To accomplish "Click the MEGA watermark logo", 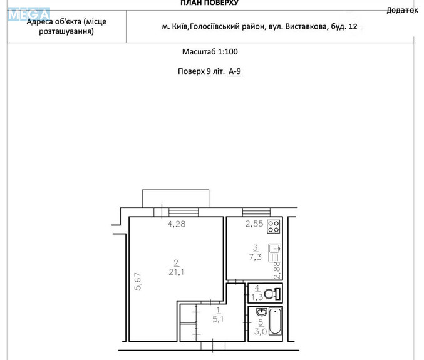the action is click(x=29, y=14).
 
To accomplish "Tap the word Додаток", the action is click(x=402, y=10).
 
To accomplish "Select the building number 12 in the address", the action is click(x=353, y=26).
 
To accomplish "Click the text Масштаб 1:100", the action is click(x=210, y=51).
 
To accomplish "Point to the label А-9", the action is click(x=235, y=71).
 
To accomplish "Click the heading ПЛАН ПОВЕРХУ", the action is click(x=210, y=3).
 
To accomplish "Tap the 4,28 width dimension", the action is click(x=177, y=224).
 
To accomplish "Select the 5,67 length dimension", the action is click(x=138, y=281).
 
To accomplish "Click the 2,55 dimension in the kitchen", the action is click(x=254, y=224).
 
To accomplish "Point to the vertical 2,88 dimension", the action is click(x=277, y=270).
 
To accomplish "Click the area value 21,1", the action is click(x=177, y=272).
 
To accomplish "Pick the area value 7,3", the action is click(x=256, y=257).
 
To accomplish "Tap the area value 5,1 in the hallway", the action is click(x=218, y=319).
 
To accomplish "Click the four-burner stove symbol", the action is click(x=273, y=227).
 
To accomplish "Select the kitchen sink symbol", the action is click(x=275, y=253).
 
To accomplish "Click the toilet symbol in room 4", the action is click(x=272, y=294).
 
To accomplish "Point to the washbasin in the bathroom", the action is click(x=262, y=312).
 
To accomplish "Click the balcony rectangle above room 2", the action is click(x=176, y=198).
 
